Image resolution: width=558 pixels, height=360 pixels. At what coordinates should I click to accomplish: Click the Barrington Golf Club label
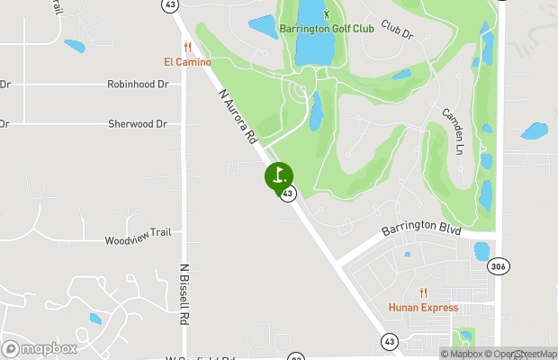pos(326,29)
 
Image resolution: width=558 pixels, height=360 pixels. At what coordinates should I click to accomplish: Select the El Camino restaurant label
pos(187,62)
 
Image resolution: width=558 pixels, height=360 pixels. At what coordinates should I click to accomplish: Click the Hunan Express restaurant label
pos(423,308)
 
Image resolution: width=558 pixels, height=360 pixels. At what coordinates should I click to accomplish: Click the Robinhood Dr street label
pos(138,84)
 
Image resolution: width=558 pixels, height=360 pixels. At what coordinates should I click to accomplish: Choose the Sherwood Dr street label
pos(138,123)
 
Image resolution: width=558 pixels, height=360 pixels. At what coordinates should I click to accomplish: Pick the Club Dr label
pos(396,30)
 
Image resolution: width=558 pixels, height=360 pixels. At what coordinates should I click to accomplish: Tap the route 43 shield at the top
pos(170,4)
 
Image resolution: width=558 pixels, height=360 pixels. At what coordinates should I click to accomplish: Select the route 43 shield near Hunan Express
pos(389,341)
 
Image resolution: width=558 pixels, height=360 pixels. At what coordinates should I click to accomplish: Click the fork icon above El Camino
pos(187,47)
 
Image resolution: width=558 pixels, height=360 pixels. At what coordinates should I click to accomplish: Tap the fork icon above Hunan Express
pos(423,292)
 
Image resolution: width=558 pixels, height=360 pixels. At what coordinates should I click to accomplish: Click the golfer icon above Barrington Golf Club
pos(326,13)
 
